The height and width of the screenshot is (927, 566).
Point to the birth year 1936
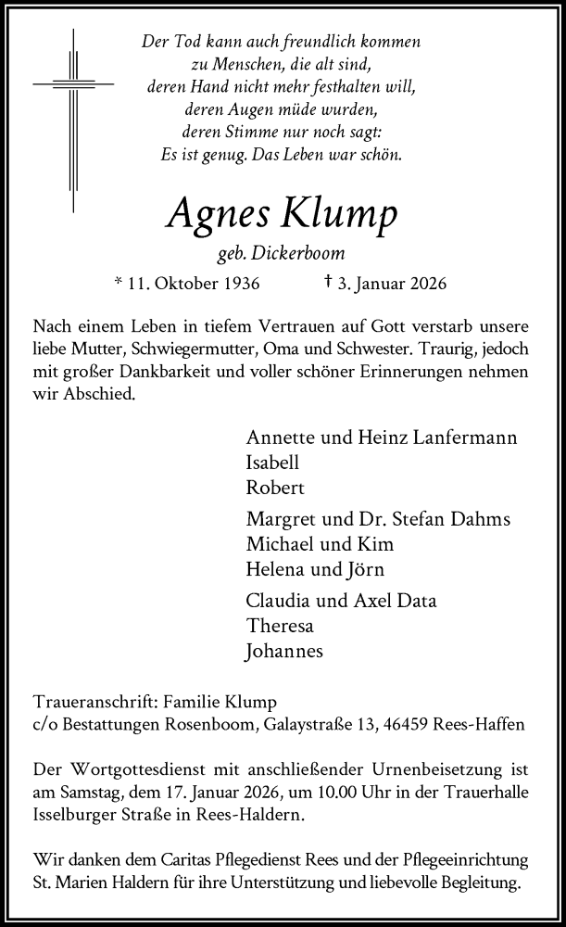[239, 284]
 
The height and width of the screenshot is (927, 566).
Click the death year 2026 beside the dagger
[426, 284]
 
